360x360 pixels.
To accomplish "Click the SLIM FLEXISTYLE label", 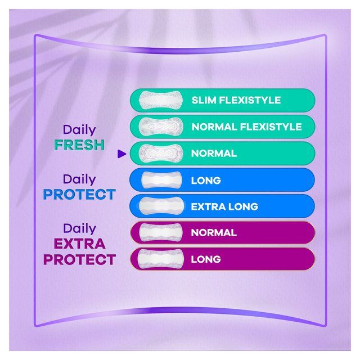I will [x=236, y=101].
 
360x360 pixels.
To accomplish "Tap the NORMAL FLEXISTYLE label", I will [x=246, y=127].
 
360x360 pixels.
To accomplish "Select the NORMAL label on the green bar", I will [x=214, y=154].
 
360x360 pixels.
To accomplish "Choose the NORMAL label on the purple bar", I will [x=214, y=233].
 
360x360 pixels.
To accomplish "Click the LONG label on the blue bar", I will [x=206, y=181].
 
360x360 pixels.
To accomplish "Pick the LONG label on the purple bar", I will [x=206, y=259].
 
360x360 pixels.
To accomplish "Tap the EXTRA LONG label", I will [x=224, y=206].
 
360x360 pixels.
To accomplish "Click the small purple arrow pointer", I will [x=120, y=153].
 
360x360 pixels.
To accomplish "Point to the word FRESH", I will [x=79, y=145].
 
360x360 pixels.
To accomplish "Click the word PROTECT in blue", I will [x=79, y=195].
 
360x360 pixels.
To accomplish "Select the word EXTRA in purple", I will [x=79, y=244].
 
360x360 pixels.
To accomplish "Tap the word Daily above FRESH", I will [x=79, y=130].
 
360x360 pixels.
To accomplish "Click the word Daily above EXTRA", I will [x=79, y=228].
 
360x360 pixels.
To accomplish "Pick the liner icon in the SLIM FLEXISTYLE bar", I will [x=159, y=101].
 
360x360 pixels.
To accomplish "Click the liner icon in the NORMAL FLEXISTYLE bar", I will [x=159, y=127].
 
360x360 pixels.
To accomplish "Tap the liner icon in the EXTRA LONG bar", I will [x=159, y=206].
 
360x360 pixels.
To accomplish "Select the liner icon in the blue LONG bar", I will [x=159, y=181].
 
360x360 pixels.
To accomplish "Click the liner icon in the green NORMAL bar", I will [x=159, y=154].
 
